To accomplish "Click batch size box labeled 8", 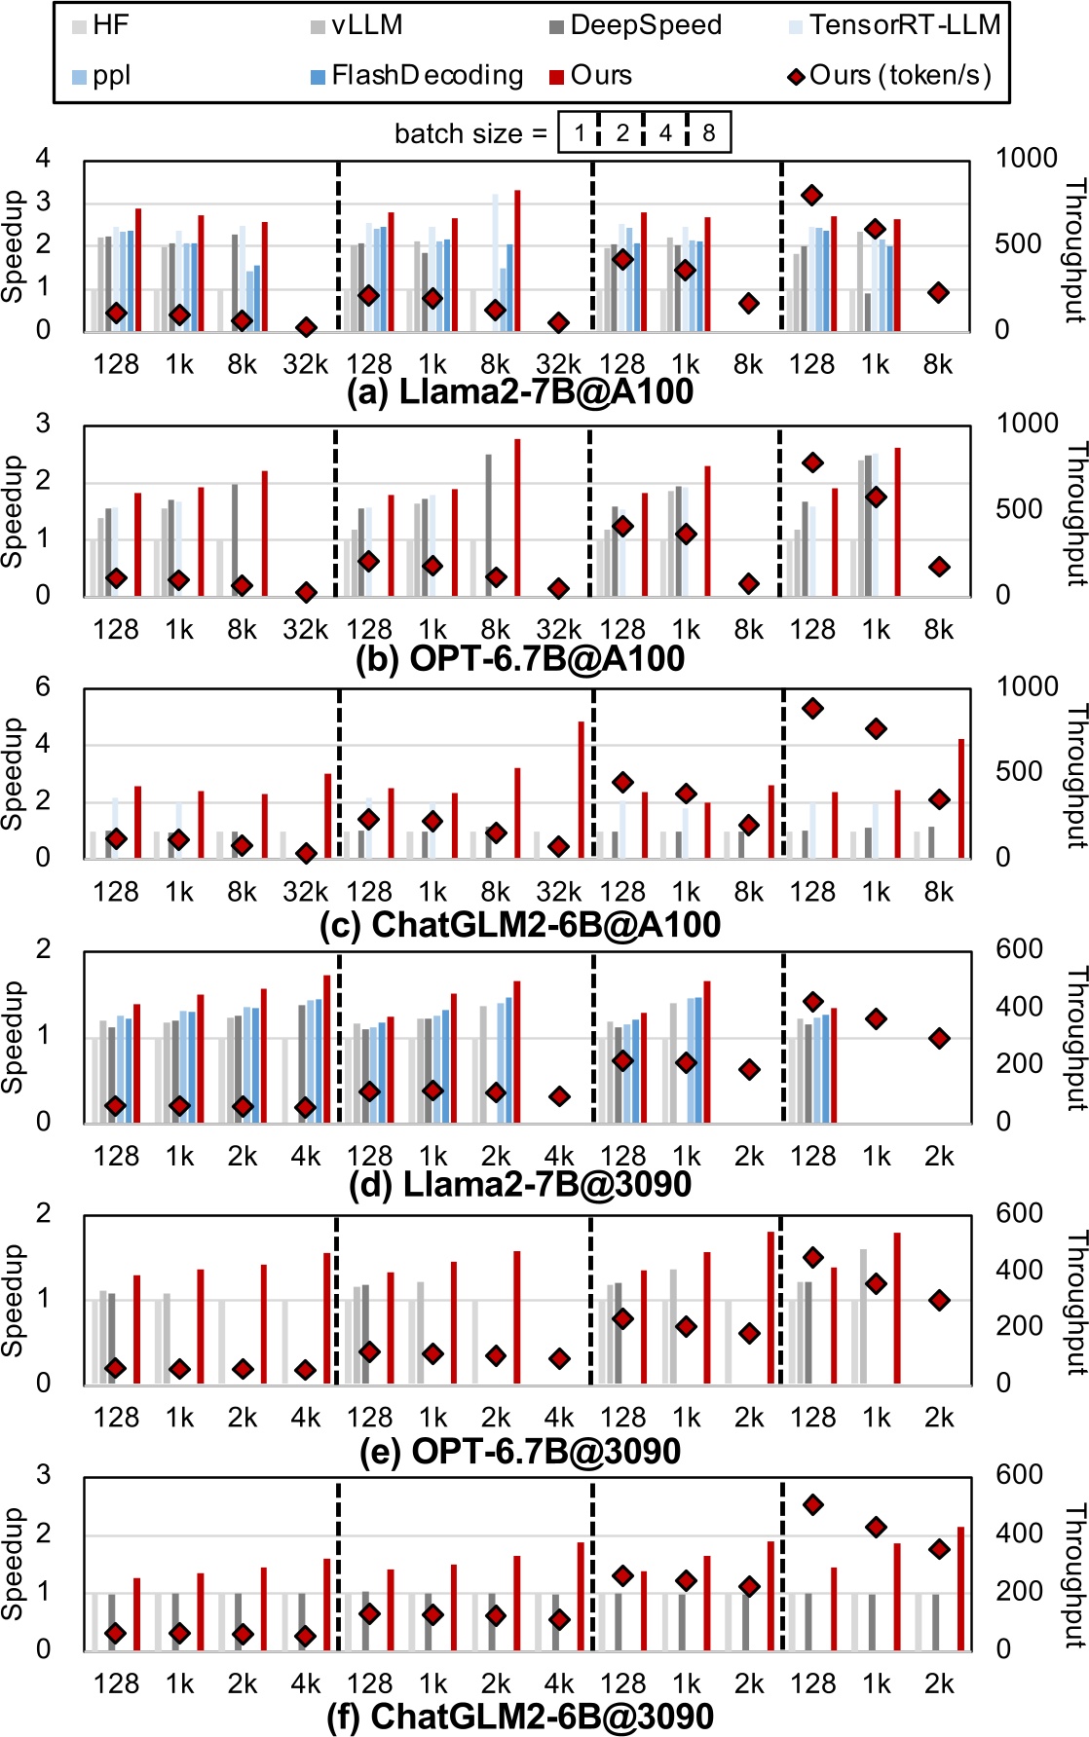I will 708,132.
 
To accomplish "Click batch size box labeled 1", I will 579,132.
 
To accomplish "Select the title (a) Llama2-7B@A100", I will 520,392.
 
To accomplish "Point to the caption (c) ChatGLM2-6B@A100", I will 520,924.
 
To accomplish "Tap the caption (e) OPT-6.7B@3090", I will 520,1452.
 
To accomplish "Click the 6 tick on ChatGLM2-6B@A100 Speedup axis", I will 42,686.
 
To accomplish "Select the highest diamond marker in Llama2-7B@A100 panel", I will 811,196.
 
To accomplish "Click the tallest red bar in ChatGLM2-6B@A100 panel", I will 582,789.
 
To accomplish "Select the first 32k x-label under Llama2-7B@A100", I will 306,365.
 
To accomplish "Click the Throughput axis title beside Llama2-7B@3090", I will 1075,1038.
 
